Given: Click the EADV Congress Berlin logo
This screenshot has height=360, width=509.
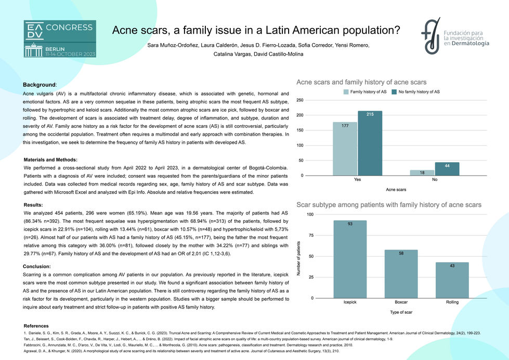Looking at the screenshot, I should click(59, 39).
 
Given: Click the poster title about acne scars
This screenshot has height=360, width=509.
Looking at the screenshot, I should click(256, 30).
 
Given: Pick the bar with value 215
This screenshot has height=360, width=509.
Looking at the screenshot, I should click(370, 143).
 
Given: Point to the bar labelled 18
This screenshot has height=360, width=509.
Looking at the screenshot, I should click(422, 173).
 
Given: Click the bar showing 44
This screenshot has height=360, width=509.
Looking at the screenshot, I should click(447, 169).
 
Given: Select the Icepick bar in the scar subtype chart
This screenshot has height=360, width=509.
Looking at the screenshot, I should click(350, 259).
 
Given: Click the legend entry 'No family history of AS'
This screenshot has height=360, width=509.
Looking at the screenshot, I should click(415, 92).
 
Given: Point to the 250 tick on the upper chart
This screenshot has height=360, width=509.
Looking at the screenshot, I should click(301, 100).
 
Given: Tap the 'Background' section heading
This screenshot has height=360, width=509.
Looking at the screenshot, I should click(40, 85).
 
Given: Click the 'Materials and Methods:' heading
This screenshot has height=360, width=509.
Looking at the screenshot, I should click(50, 160).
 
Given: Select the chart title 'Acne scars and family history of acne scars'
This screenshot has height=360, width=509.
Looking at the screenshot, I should click(361, 82).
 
